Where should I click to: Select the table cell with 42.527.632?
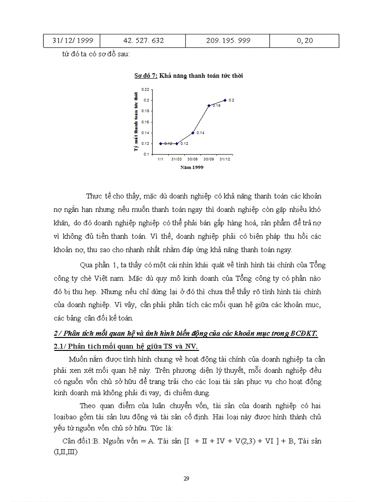pyautogui.click(x=143, y=40)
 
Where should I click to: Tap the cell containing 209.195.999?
pyautogui.click(x=228, y=40)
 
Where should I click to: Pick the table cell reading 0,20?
pyautogui.click(x=305, y=40)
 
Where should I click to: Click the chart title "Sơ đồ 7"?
pyautogui.click(x=145, y=76)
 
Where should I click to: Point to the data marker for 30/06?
pyautogui.click(x=193, y=133)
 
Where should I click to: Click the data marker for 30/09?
pyautogui.click(x=209, y=105)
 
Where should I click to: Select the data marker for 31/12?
pyautogui.click(x=225, y=100)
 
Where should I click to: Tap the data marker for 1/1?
pyautogui.click(x=160, y=143)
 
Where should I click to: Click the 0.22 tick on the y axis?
pyautogui.click(x=146, y=89)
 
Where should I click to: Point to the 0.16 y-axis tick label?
pyautogui.click(x=146, y=122)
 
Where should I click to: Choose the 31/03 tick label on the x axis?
pyautogui.click(x=176, y=159)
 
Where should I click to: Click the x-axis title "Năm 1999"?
pyautogui.click(x=191, y=167)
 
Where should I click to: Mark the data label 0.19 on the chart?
pyautogui.click(x=216, y=106)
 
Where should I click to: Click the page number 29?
pyautogui.click(x=187, y=478)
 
